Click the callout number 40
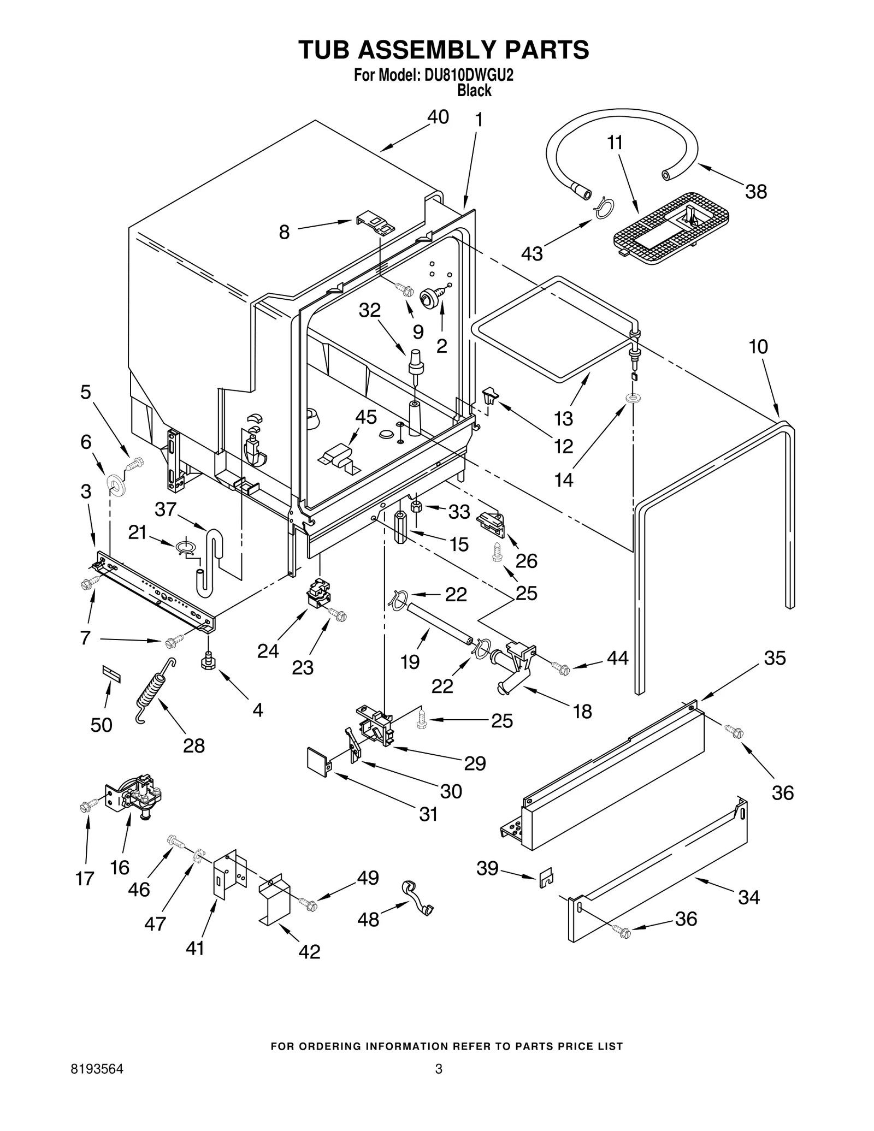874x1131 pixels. [438, 117]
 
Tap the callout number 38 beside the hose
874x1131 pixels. [756, 191]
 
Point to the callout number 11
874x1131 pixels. [615, 143]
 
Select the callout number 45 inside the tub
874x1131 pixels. [365, 417]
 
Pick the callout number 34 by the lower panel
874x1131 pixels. [748, 897]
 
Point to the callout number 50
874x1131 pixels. [101, 725]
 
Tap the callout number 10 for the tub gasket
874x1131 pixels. [758, 346]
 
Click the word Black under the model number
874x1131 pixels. [474, 90]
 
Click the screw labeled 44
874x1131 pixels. [560, 667]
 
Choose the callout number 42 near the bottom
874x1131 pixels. [309, 952]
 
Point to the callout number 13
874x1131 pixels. [563, 418]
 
